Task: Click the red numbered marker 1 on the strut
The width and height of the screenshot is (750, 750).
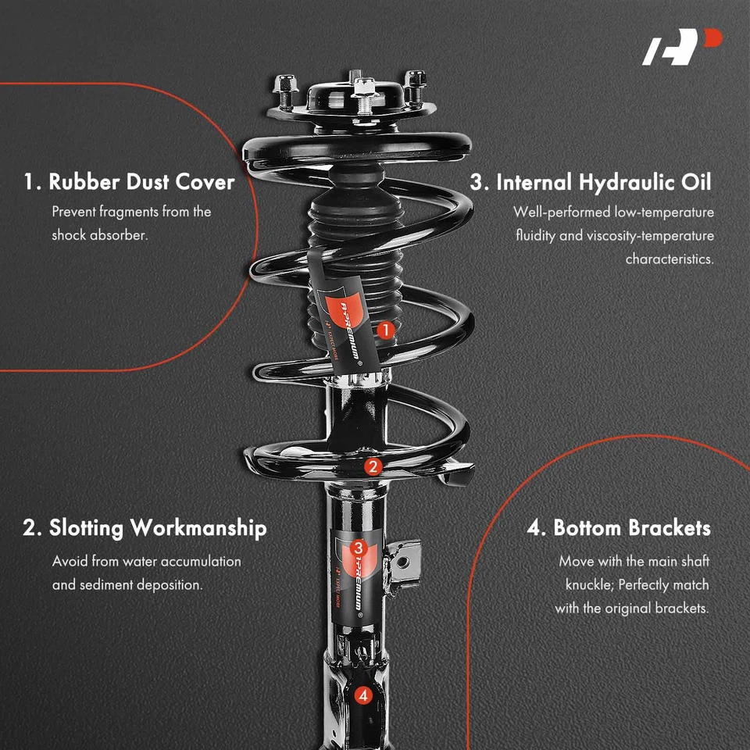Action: click(384, 330)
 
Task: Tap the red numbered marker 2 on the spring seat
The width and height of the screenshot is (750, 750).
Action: click(373, 467)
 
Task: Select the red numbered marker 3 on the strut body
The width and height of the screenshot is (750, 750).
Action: click(359, 548)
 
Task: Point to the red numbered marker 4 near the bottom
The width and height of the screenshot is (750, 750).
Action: click(362, 695)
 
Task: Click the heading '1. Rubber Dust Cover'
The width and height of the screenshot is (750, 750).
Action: click(129, 182)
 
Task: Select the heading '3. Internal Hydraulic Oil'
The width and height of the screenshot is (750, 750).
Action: click(591, 182)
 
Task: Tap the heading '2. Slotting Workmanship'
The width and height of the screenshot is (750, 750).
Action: click(145, 528)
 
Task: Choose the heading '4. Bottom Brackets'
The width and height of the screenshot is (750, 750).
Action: click(619, 528)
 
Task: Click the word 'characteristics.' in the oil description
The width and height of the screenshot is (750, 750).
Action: click(670, 259)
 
